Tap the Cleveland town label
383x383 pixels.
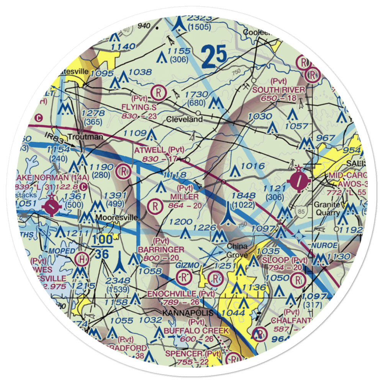[184, 119]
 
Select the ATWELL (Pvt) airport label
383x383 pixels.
[159, 150]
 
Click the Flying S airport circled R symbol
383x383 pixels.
[158, 92]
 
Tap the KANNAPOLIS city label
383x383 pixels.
[188, 313]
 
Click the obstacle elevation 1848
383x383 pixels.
[244, 196]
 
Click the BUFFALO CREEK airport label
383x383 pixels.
[196, 331]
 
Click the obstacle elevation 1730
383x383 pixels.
[196, 95]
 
